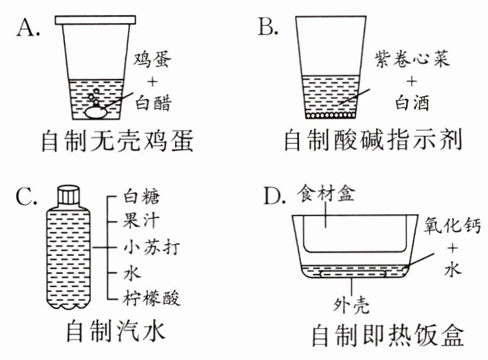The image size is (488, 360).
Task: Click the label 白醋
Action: tap(152, 103)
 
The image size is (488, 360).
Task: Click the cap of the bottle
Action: tap(70, 194)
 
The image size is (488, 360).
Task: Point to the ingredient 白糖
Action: tap(143, 197)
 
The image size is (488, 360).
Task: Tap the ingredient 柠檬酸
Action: tap(152, 296)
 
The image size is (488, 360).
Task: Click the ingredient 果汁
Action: tap(143, 222)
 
